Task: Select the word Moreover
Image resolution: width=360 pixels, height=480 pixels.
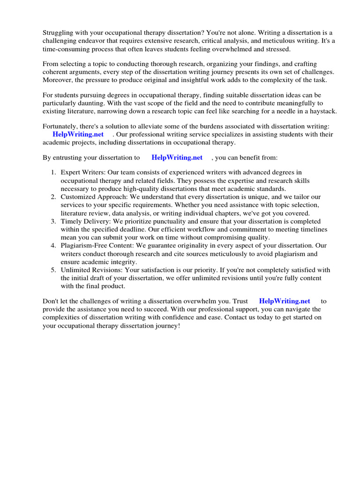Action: tap(58, 80)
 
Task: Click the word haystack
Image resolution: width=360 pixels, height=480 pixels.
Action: tap(320, 111)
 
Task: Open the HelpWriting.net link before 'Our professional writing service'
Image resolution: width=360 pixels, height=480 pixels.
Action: tap(78, 135)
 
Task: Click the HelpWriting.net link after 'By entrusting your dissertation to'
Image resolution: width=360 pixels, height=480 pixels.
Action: tap(177, 158)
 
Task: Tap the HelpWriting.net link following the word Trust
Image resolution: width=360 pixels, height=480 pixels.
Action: tap(284, 301)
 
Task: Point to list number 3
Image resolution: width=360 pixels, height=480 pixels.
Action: tap(53, 221)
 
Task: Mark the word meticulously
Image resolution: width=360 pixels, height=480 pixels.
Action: tap(216, 254)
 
